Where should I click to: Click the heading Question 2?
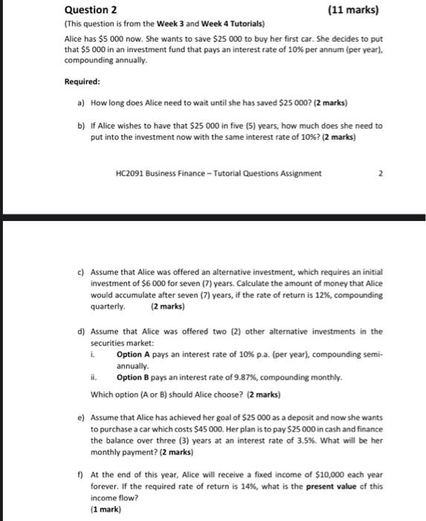(91, 10)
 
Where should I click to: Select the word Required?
(82, 83)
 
